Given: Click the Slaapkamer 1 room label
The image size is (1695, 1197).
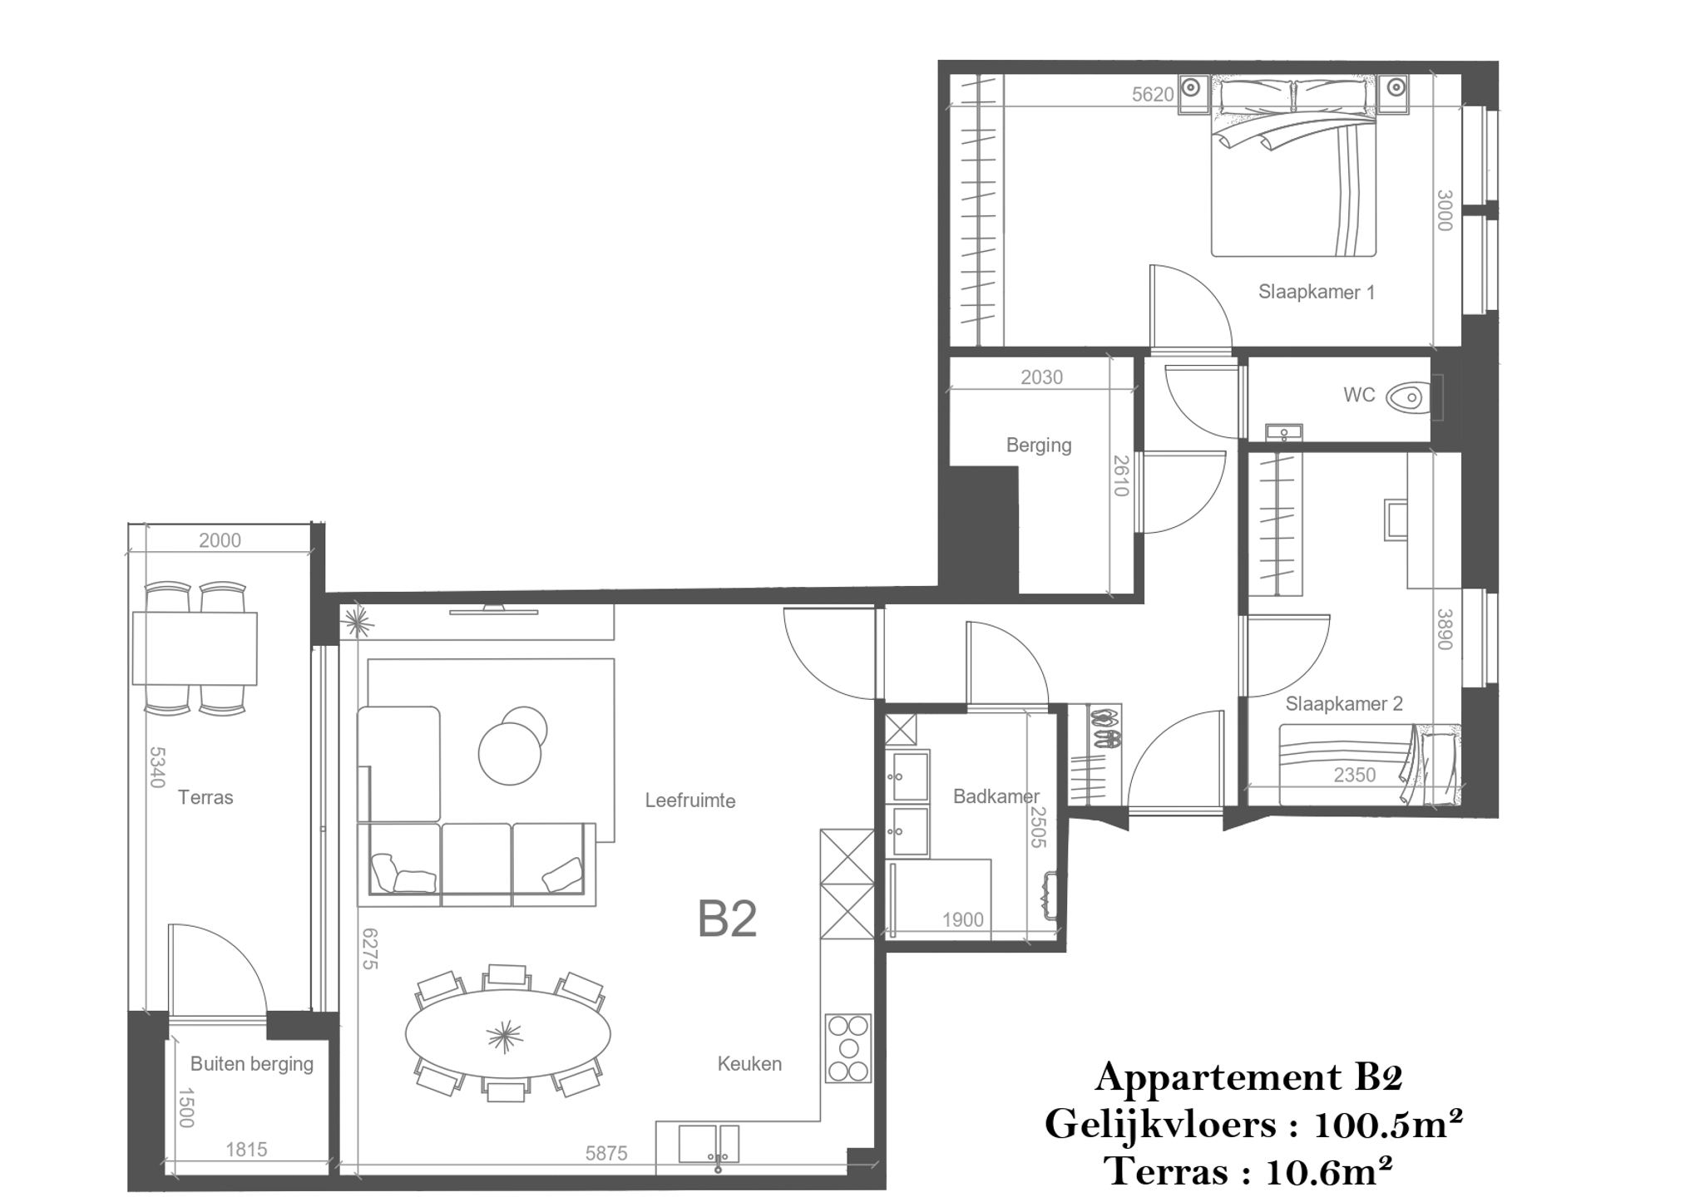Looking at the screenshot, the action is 1316,292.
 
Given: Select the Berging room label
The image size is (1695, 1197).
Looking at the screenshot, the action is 1039,445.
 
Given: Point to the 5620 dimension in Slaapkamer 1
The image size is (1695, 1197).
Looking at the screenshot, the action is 1152,95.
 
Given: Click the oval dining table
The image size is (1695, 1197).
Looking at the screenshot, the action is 507,1033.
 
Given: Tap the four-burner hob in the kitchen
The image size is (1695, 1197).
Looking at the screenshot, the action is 847,1048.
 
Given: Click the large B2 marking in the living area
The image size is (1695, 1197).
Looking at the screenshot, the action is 727,919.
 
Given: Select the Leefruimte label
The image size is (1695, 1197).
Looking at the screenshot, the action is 690,800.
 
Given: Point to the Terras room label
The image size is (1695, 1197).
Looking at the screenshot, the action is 205,797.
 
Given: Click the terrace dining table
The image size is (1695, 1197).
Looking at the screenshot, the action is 195,648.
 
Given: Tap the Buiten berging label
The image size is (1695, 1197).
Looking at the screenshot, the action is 252,1063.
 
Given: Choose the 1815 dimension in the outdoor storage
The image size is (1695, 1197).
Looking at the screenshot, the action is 246,1150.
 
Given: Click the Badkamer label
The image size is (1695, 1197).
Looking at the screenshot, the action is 996,796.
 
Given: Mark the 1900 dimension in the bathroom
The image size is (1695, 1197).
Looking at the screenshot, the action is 963,919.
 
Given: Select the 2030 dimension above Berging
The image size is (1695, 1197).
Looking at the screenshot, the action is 1041,377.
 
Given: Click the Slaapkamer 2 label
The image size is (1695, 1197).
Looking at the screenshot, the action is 1344,703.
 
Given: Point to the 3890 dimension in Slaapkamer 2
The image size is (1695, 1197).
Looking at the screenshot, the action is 1445,629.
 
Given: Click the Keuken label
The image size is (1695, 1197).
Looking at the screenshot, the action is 749,1063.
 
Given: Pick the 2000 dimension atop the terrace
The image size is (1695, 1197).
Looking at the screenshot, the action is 220,540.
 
